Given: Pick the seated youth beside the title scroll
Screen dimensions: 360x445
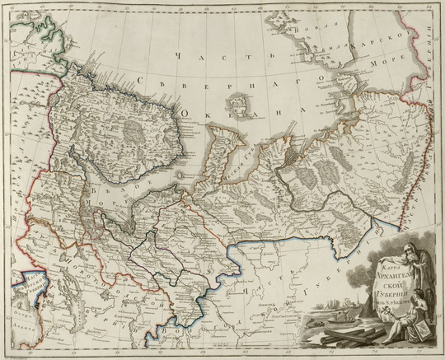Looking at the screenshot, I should click(422, 309).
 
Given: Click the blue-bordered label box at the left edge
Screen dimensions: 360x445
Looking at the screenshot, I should click(18, 289).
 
